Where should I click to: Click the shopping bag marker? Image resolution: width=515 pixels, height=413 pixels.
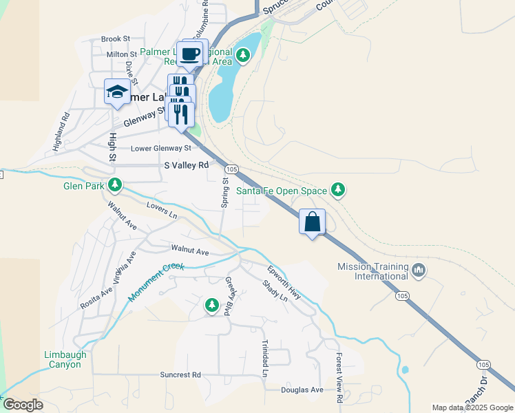pos(313,222)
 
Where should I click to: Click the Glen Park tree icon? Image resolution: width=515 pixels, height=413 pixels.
pos(115,184)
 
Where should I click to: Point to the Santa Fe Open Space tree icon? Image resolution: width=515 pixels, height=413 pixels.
pos(337,189)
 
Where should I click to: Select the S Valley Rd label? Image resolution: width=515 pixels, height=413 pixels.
pos(186,166)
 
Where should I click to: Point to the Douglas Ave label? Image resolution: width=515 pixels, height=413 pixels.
pos(302,390)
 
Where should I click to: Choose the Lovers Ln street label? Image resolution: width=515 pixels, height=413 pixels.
pos(162,210)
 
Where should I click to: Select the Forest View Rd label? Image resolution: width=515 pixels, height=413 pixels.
pos(339,378)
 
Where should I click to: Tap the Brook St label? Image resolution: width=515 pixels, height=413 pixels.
pos(116,39)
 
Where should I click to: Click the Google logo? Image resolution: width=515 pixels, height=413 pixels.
pos(23,405)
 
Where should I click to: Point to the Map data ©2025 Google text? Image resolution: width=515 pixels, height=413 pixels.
pos(472,407)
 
